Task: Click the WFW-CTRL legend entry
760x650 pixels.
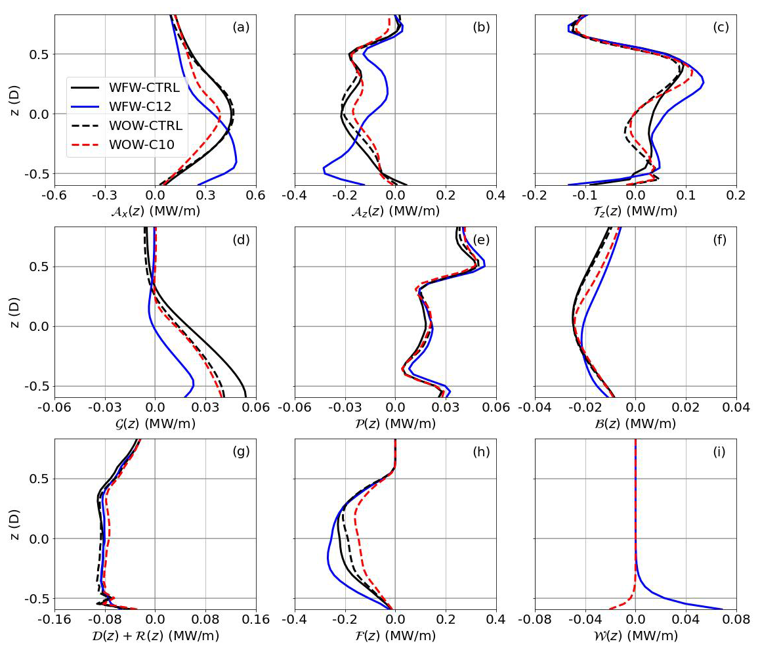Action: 145,87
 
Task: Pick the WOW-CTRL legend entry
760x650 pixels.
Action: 145,125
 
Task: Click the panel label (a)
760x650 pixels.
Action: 241,28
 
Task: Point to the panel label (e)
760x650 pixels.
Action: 481,240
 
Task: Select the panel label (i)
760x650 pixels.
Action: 721,452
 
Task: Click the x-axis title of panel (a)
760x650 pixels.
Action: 155,211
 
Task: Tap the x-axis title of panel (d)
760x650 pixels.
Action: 155,424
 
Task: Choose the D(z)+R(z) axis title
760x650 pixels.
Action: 155,636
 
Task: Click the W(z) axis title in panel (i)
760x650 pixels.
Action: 635,636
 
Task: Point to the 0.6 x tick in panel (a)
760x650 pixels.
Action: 256,195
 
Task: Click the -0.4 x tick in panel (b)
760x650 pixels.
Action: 295,195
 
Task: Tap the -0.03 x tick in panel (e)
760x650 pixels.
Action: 345,407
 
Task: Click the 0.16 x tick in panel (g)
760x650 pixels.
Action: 256,619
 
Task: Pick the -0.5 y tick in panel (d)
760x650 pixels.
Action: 37,386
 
